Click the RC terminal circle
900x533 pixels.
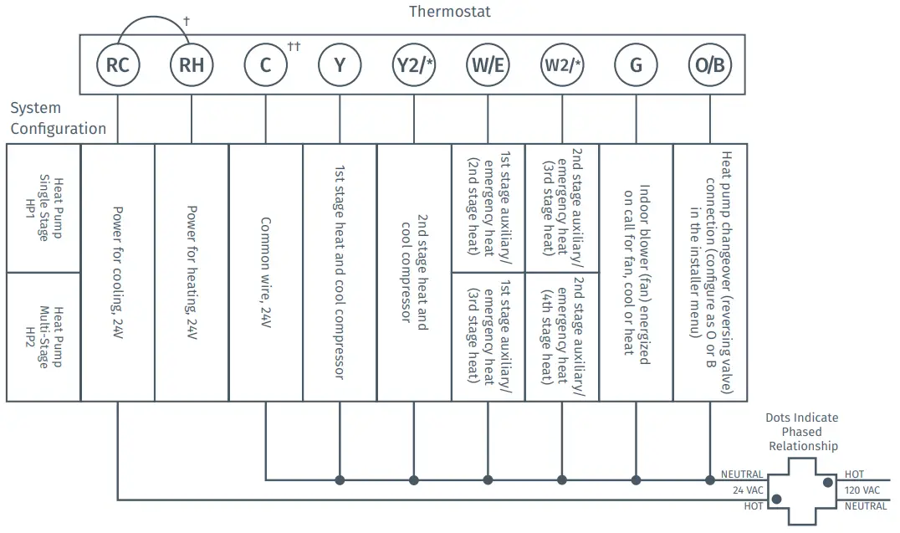(117, 64)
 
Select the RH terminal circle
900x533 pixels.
(192, 64)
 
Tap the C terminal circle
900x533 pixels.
(265, 64)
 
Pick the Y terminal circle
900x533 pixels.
(340, 64)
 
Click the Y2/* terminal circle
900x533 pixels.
(413, 64)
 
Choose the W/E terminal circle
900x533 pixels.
(488, 64)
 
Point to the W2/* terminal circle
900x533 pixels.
(562, 64)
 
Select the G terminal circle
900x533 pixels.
(636, 64)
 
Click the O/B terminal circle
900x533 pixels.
(710, 64)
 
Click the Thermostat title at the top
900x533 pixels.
(449, 12)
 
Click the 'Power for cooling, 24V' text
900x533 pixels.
(118, 272)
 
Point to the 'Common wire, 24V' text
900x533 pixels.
(265, 272)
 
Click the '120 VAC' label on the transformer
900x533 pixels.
(862, 490)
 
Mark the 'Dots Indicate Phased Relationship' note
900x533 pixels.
(802, 432)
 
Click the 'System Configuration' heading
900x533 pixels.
(58, 118)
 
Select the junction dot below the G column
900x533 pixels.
(636, 480)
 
